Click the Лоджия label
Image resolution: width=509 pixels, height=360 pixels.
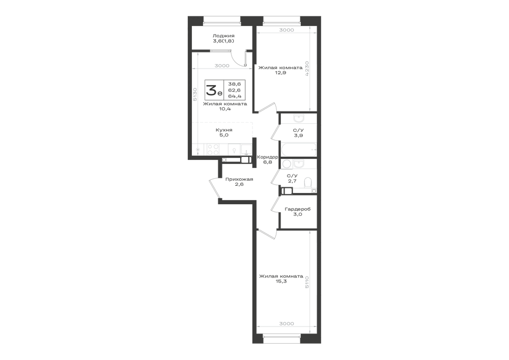(x=223, y=36)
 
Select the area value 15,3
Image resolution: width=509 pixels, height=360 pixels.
(x=281, y=282)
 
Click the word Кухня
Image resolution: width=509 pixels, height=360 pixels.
(x=224, y=130)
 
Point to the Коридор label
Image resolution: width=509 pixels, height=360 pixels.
(x=267, y=157)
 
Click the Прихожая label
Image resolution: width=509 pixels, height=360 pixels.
(x=239, y=179)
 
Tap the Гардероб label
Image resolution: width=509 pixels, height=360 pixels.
(x=298, y=209)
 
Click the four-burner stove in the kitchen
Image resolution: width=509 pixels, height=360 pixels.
(x=213, y=150)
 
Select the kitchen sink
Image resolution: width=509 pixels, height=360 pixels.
(x=246, y=150)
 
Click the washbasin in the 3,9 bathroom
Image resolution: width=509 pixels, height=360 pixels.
(x=298, y=118)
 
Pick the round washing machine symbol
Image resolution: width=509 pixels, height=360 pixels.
(x=286, y=163)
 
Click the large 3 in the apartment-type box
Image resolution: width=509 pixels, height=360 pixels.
(x=212, y=90)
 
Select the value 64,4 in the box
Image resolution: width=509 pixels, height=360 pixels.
(x=234, y=96)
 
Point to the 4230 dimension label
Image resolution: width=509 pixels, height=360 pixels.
(x=307, y=69)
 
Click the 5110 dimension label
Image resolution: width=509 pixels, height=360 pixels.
(x=307, y=283)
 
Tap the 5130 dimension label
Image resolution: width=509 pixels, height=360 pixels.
(x=195, y=95)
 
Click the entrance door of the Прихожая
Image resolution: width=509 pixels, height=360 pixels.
(x=215, y=188)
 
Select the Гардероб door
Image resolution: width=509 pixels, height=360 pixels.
(x=275, y=204)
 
